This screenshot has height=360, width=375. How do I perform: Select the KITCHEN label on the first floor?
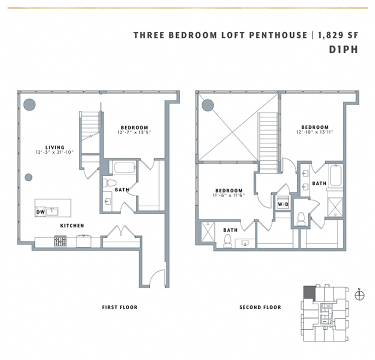[x=72, y=226]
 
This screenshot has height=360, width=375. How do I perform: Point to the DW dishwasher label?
[x=40, y=212]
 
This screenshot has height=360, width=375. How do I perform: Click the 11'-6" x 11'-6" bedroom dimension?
[x=229, y=196]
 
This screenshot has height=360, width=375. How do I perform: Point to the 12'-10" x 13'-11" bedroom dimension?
[x=314, y=132]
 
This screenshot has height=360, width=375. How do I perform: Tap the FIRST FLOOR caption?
[x=119, y=307]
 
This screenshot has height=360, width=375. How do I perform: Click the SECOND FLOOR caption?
[x=260, y=307]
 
